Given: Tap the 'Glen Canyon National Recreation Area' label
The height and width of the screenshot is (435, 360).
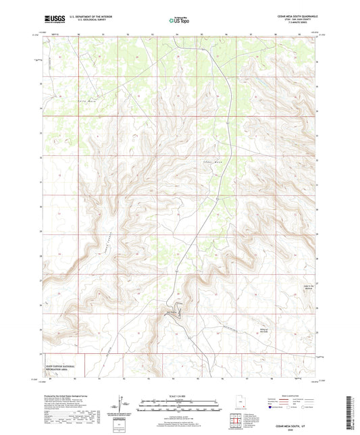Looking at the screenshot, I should (x=60, y=366).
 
